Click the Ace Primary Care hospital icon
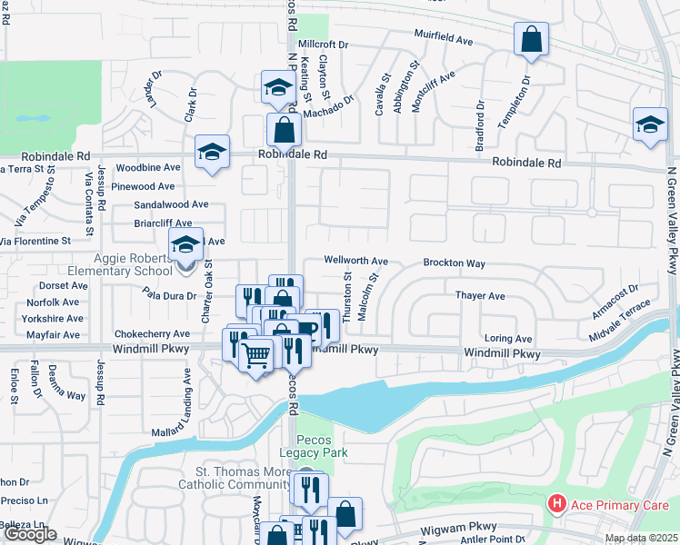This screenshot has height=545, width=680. pos(556,503)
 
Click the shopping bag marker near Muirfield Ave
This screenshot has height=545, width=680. pos(531,40)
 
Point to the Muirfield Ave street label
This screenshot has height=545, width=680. pos(445,41)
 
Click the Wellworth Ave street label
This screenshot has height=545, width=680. pos(356,261)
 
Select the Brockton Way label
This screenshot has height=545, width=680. pos(454,263)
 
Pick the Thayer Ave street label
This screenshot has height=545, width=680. pos(480,296)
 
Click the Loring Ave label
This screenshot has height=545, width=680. pos(508,338)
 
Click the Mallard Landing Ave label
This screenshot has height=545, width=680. pos(188,397)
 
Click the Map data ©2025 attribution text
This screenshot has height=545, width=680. pos(640,539)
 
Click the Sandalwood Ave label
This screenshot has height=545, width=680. pos(172,204)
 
